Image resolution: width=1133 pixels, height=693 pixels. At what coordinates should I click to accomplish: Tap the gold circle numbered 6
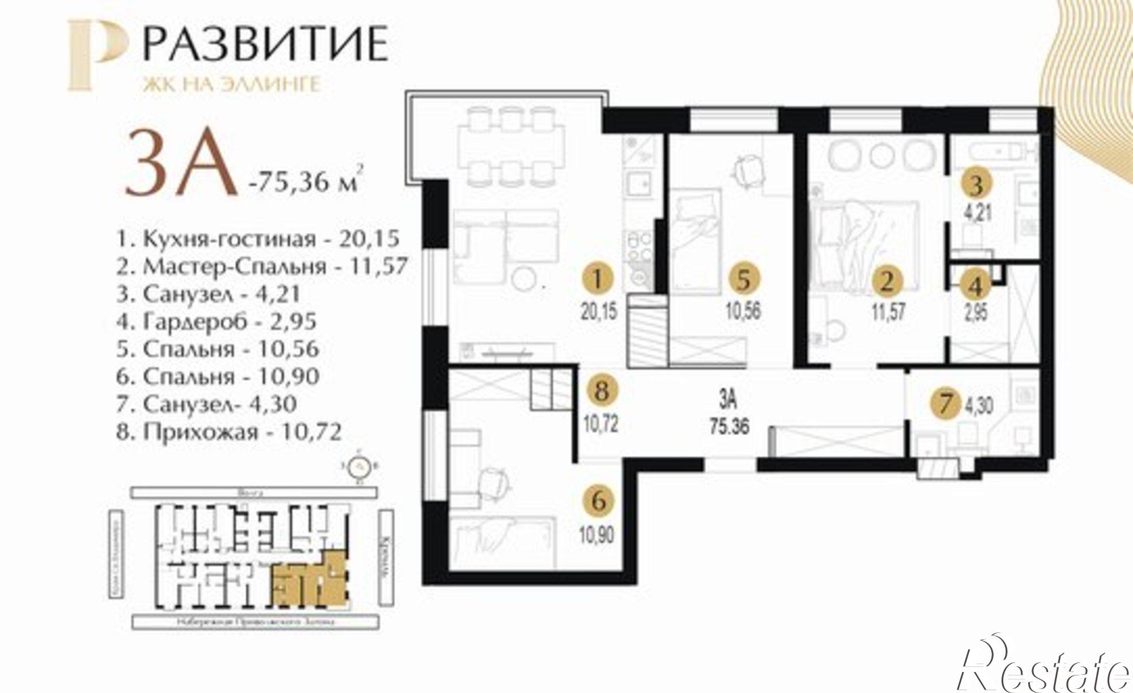[x=601, y=501]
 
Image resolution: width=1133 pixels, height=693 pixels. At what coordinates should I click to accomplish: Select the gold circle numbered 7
[x=945, y=404]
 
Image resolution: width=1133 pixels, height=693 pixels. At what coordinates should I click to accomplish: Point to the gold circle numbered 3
[x=976, y=184]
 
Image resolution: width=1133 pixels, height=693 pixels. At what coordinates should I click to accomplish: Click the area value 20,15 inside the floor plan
[x=598, y=312]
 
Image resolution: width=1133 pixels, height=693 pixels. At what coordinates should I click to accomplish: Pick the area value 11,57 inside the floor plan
[x=888, y=312]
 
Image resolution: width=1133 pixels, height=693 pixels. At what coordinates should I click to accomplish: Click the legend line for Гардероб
[x=216, y=322]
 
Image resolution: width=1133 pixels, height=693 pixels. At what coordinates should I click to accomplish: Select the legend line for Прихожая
[x=229, y=433]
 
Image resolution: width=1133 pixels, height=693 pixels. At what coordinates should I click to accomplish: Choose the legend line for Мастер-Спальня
[x=262, y=266]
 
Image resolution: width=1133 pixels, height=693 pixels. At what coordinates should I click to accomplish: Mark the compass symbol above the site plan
[x=358, y=466]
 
